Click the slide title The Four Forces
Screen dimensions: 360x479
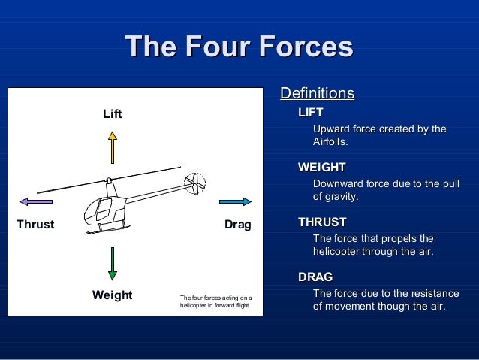tap(239, 47)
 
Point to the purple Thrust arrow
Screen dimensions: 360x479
tap(36, 201)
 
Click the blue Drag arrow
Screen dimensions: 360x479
tap(235, 201)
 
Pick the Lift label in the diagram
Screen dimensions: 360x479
tap(112, 114)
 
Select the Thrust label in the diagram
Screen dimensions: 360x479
tap(35, 225)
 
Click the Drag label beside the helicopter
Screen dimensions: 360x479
tap(238, 225)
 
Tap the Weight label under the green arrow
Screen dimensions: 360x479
tap(112, 295)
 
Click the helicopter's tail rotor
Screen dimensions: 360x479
tap(194, 184)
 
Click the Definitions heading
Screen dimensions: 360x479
tap(317, 94)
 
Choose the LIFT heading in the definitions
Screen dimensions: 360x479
tap(311, 113)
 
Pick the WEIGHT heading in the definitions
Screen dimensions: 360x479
tap(321, 167)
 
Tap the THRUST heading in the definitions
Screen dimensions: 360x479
tap(322, 222)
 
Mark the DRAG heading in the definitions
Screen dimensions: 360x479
tap(315, 277)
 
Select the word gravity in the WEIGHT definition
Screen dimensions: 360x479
tap(342, 196)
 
